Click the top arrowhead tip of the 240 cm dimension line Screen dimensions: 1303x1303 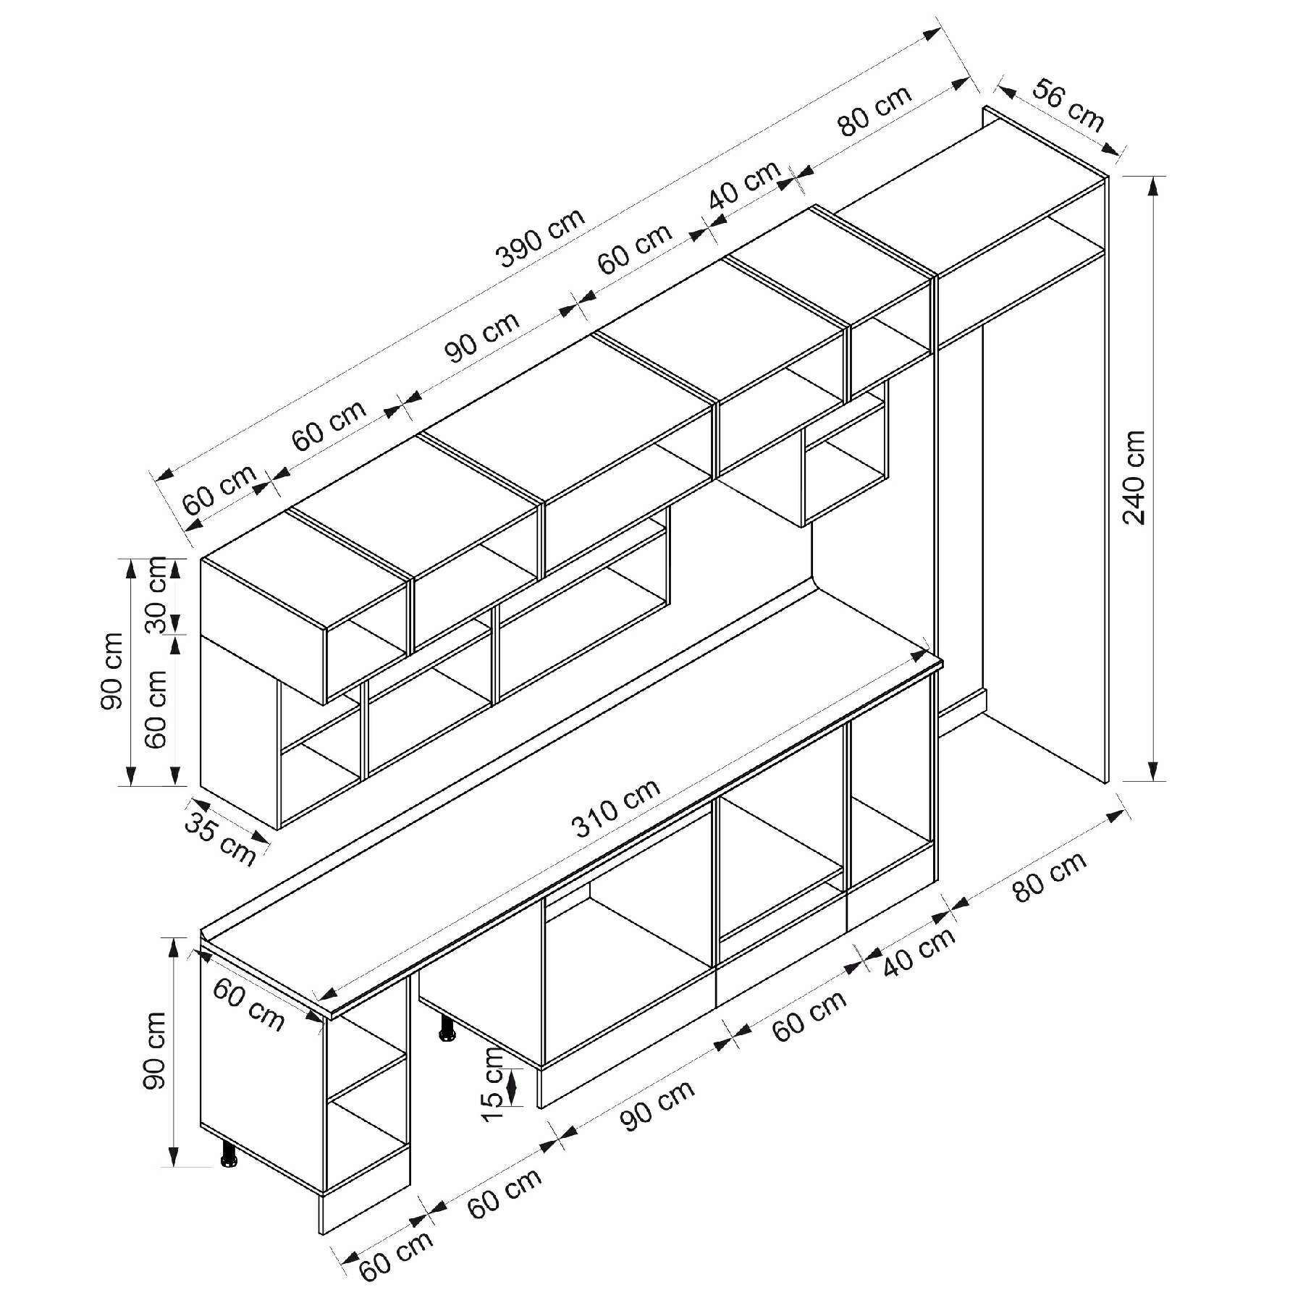(1153, 177)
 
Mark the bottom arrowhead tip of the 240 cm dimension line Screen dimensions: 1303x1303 (1153, 781)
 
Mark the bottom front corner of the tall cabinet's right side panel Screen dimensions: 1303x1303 (1107, 783)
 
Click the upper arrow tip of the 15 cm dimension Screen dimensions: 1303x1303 (513, 1069)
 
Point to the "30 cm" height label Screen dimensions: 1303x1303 (156, 595)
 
